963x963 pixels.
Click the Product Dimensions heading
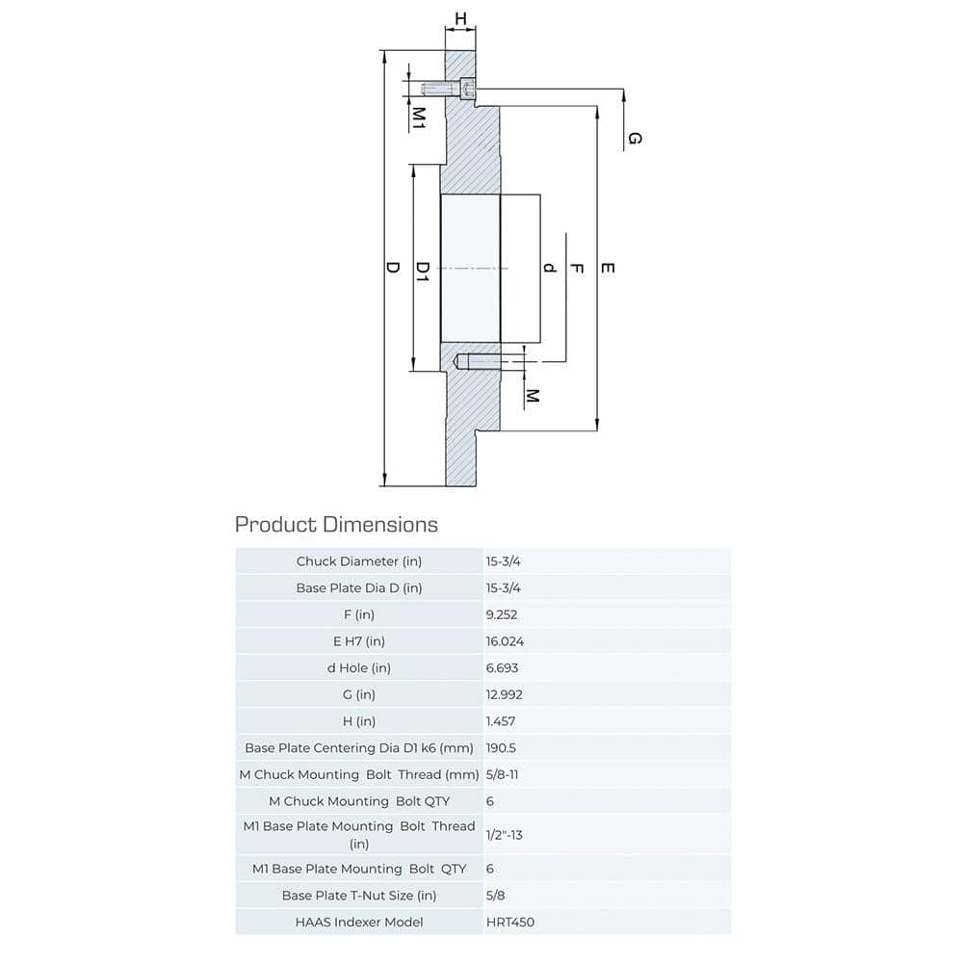click(x=336, y=525)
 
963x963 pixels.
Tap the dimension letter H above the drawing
click(x=460, y=18)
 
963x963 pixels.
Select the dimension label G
click(x=634, y=139)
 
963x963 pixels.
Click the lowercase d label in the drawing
click(x=550, y=267)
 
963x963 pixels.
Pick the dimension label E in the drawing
click(x=607, y=267)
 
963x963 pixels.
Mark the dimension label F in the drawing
click(x=577, y=267)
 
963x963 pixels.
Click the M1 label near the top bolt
click(x=420, y=117)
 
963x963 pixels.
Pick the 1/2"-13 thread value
click(x=505, y=834)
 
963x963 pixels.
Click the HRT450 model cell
click(x=510, y=922)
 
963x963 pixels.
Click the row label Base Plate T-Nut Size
click(x=359, y=896)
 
